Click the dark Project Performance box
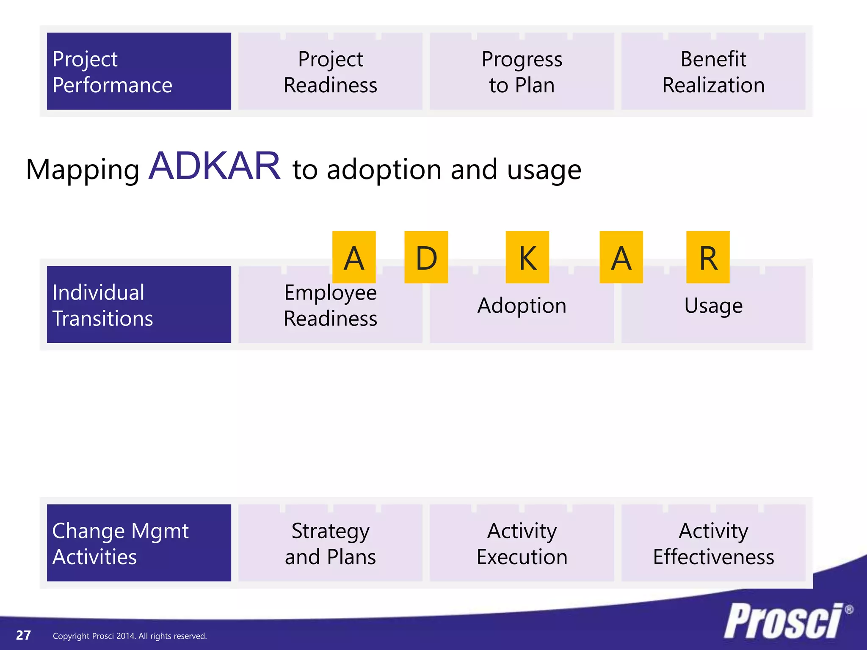coord(139,71)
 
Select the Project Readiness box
coord(330,71)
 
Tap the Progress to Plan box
coord(522,71)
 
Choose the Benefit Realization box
coord(713,71)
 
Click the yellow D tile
coord(426,257)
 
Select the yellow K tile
coord(527,257)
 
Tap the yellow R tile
coord(708,257)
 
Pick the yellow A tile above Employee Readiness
coord(354,257)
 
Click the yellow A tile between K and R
coord(621,257)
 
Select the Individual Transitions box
coord(139,305)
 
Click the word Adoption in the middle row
coord(522,306)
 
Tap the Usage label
coord(713,306)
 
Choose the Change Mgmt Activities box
coord(139,543)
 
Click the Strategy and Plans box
coord(330,543)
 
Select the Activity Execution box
coord(522,543)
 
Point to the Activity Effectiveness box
coord(713,543)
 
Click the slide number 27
coord(23,635)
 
